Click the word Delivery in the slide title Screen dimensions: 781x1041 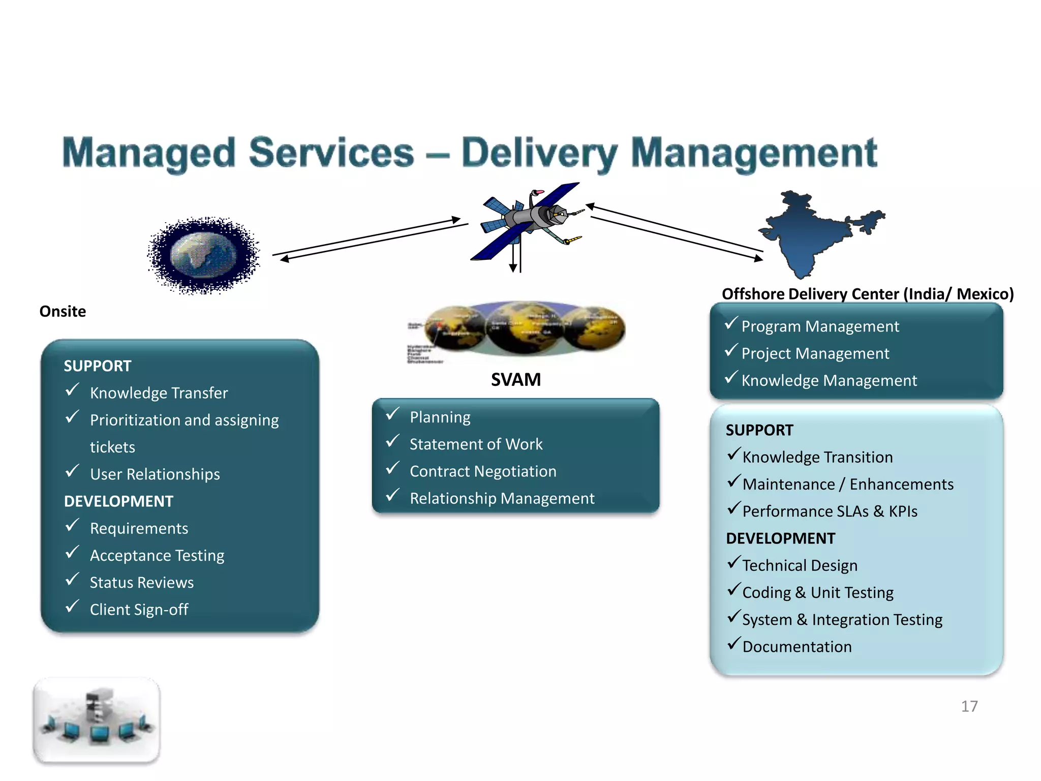pyautogui.click(x=539, y=153)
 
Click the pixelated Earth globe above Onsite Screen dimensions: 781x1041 pyautogui.click(x=204, y=255)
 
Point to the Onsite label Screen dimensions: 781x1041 pyautogui.click(x=63, y=311)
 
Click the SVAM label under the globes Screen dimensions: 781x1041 pyautogui.click(x=515, y=380)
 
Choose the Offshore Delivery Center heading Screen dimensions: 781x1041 pyautogui.click(x=867, y=294)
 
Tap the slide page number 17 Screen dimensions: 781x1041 pyautogui.click(x=969, y=706)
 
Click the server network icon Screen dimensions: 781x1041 pyautogui.click(x=97, y=719)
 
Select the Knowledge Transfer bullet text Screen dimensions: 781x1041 pyautogui.click(x=159, y=393)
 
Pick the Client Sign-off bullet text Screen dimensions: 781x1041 pyautogui.click(x=139, y=610)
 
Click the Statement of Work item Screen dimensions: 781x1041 pyautogui.click(x=476, y=444)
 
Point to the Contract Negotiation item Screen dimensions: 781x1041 pyautogui.click(x=483, y=471)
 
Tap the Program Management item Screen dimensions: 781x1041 pyautogui.click(x=820, y=326)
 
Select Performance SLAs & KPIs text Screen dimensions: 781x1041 pyautogui.click(x=830, y=512)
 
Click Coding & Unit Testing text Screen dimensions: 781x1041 pyautogui.click(x=817, y=593)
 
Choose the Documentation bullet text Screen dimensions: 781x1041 pyautogui.click(x=797, y=647)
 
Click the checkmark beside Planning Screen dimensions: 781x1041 pyautogui.click(x=392, y=414)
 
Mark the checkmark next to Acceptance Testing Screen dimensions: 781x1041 pyautogui.click(x=72, y=552)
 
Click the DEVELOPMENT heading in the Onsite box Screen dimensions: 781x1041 pyautogui.click(x=118, y=501)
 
